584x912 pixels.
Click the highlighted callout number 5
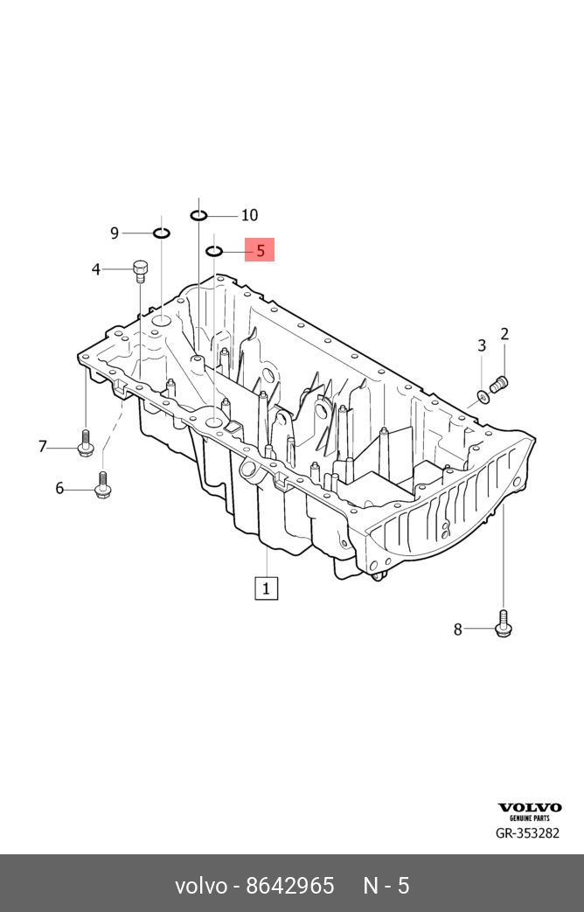(260, 250)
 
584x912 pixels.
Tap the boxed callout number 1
(266, 588)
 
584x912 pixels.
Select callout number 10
(249, 215)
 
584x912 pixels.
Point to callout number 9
(115, 233)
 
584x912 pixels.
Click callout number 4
(96, 269)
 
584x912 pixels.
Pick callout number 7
(42, 448)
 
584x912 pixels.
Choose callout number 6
(59, 488)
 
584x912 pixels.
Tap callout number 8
(457, 629)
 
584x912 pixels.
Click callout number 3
(481, 345)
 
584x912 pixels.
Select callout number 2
(504, 333)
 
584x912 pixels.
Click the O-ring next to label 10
(199, 215)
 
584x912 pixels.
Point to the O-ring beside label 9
(161, 233)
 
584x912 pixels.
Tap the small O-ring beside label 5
(214, 251)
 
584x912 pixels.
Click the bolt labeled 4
(140, 270)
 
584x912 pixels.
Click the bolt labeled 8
(504, 623)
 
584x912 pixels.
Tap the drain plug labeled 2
(499, 383)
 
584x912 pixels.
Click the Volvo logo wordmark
(530, 808)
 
